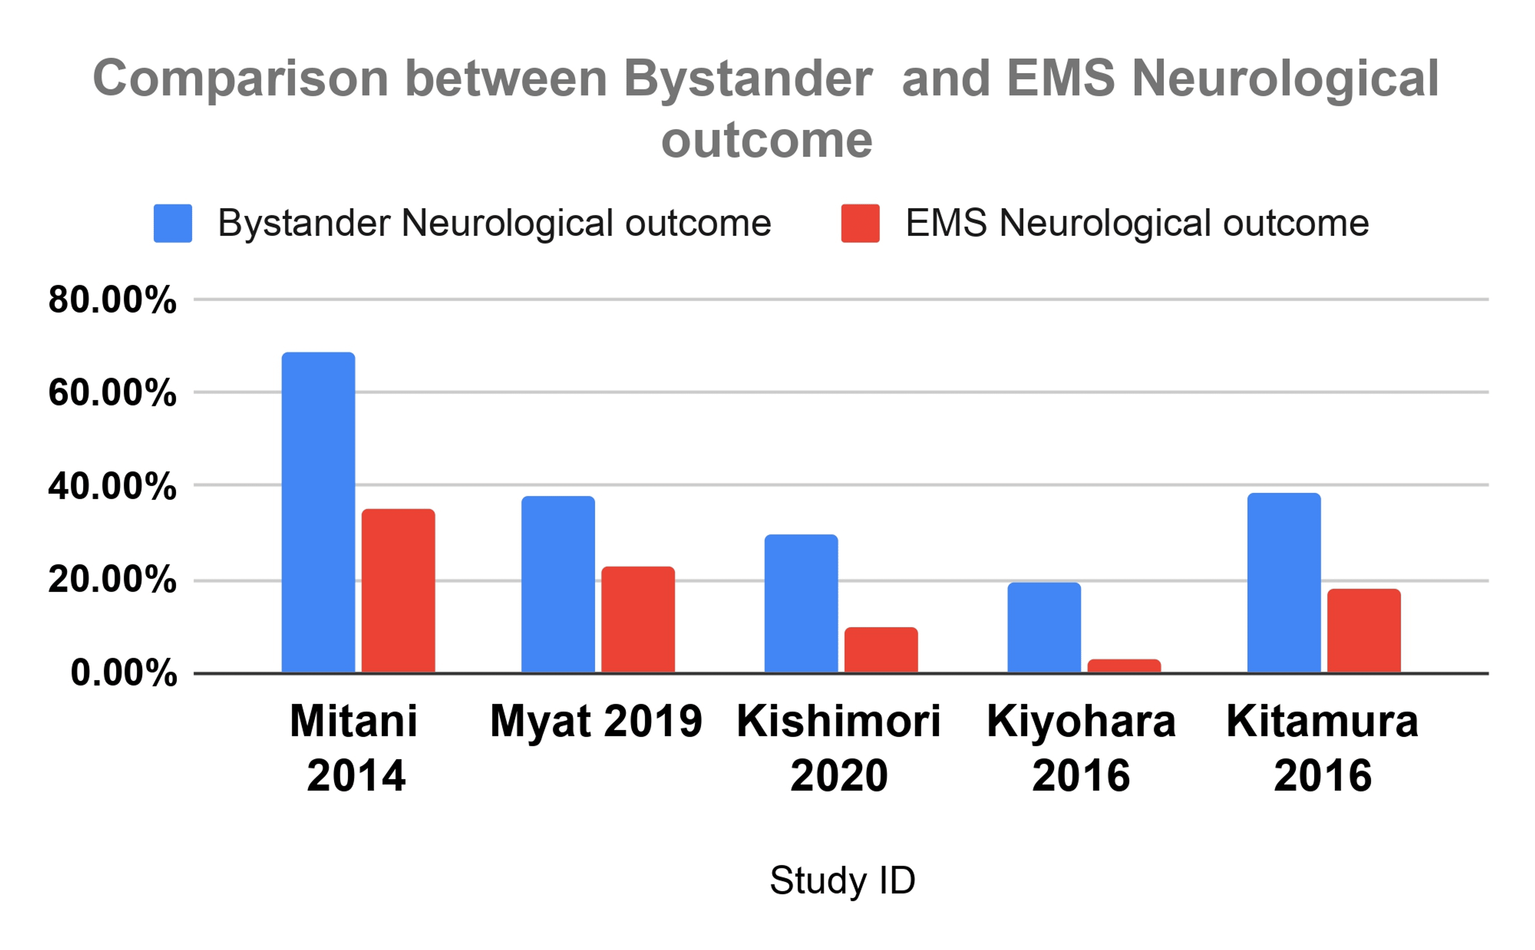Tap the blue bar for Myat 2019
(558, 584)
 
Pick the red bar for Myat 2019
(638, 620)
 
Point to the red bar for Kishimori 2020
(881, 650)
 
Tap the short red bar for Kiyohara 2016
(1124, 666)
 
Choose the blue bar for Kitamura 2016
(1284, 583)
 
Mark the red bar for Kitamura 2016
(1364, 630)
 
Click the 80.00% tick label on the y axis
(113, 300)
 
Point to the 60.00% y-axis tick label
(113, 393)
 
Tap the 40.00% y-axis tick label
(113, 487)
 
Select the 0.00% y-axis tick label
(124, 673)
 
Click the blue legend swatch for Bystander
(173, 223)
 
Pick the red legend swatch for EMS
(860, 223)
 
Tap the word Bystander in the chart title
(748, 79)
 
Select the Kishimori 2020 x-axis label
(839, 748)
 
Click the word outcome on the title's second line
(766, 140)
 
